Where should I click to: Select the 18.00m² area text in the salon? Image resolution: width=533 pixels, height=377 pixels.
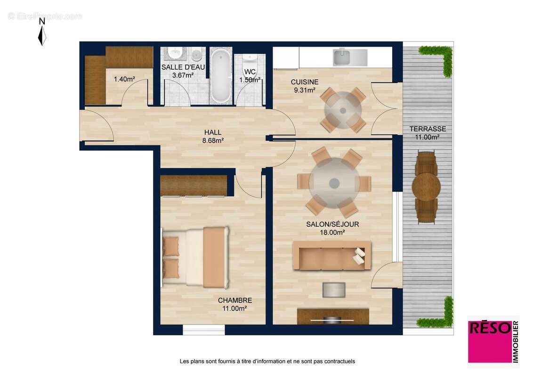pos(332,232)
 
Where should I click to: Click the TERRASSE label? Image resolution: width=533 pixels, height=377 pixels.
pos(427,129)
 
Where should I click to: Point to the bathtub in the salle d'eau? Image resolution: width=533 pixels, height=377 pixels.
pos(220,76)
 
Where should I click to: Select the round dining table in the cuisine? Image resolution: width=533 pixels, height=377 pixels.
pos(343,110)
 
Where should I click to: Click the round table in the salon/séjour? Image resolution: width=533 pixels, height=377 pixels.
pos(334,182)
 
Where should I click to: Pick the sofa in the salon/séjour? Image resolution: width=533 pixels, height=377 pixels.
pos(331,255)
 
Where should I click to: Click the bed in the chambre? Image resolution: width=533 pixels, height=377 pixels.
pos(195,257)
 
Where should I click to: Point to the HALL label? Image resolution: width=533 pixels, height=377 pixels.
pos(213,132)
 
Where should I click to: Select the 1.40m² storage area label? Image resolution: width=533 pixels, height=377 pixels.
pos(124,79)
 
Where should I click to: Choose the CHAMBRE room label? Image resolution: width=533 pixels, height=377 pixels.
pos(234,300)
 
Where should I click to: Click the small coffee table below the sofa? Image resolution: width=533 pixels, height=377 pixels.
pos(333,289)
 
